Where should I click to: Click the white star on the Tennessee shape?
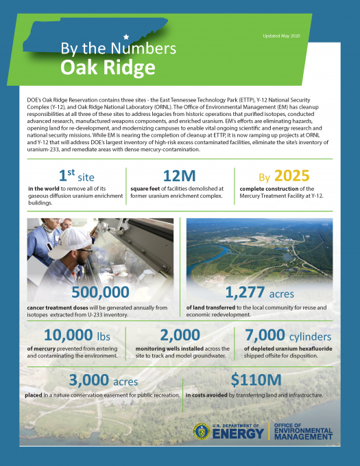tap(125, 36)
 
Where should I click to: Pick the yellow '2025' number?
tap(296, 177)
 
